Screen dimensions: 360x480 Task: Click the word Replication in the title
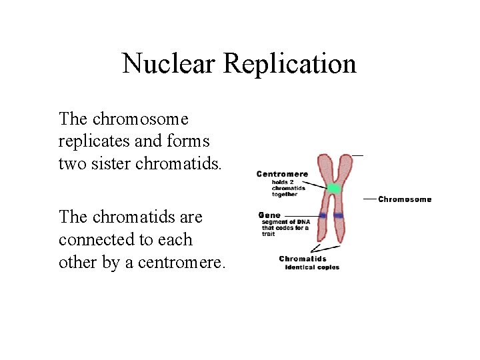(x=290, y=64)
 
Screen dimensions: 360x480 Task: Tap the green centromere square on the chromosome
(x=333, y=189)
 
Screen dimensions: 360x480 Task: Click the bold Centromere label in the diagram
(x=282, y=175)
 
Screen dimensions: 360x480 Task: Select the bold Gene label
(x=269, y=215)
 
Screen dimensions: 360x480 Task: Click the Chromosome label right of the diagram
(x=405, y=199)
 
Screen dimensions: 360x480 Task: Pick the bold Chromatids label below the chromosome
(x=303, y=259)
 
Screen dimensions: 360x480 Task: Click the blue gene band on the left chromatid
(x=323, y=215)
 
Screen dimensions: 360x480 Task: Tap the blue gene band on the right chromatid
(x=339, y=215)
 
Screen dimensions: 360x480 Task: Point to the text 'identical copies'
(x=312, y=267)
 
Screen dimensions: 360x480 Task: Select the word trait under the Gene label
(x=268, y=235)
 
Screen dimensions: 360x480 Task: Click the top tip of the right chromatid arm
(x=346, y=157)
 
